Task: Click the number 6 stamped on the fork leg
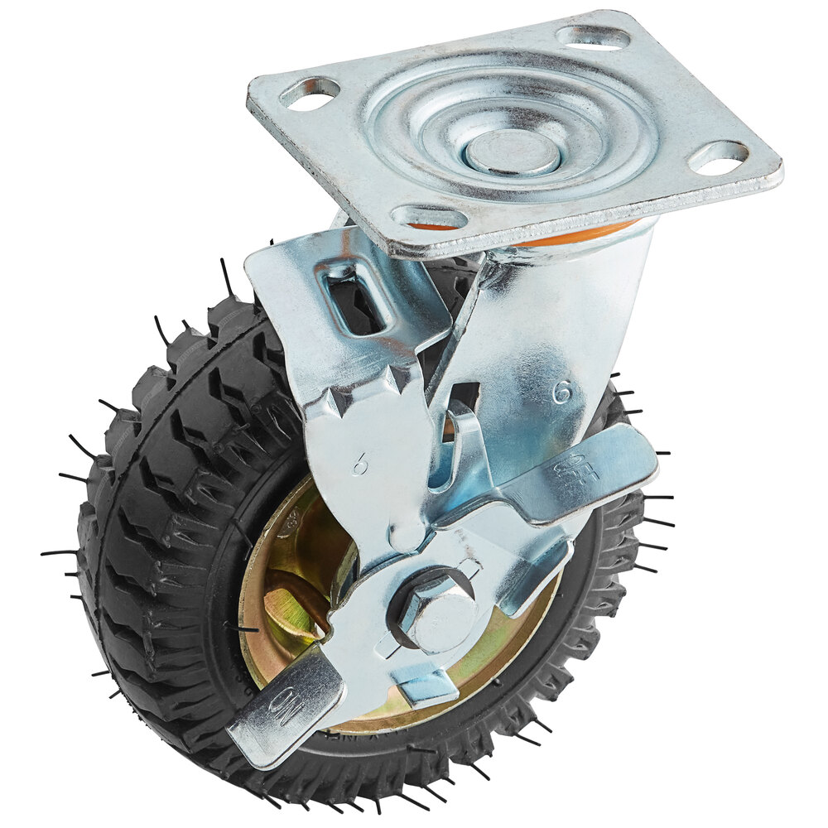(x=562, y=391)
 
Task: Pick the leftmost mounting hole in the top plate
(x=310, y=93)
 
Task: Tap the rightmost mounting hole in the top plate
(x=718, y=157)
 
